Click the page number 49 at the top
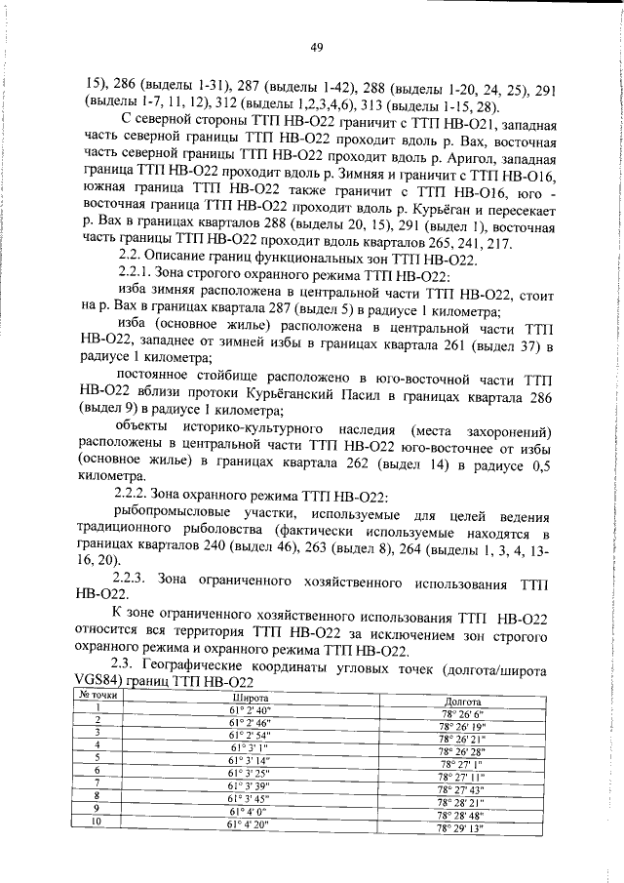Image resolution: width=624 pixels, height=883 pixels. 317,47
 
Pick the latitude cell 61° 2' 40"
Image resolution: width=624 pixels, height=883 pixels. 245,710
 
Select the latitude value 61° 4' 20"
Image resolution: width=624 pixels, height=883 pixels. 250,824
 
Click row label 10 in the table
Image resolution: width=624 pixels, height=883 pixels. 97,821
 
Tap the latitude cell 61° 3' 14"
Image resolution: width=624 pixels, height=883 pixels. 248,759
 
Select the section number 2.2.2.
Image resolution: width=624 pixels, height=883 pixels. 136,498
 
